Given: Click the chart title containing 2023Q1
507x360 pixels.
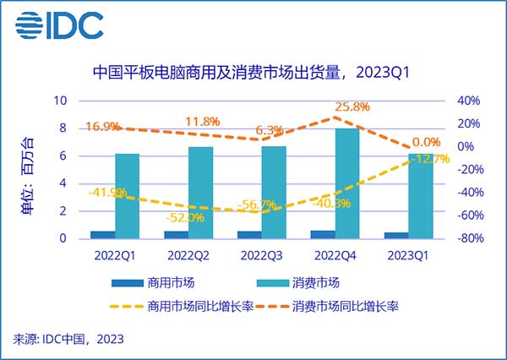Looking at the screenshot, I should (253, 74).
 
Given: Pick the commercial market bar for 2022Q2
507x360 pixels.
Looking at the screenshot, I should (177, 234).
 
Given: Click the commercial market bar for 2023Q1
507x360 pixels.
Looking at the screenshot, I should (395, 235).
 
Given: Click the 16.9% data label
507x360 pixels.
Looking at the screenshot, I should (103, 127).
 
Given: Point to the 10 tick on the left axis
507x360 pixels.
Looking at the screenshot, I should (61, 101).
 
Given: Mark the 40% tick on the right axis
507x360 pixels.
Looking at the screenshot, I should (467, 101).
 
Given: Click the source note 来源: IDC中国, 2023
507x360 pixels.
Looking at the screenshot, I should (68, 340).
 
